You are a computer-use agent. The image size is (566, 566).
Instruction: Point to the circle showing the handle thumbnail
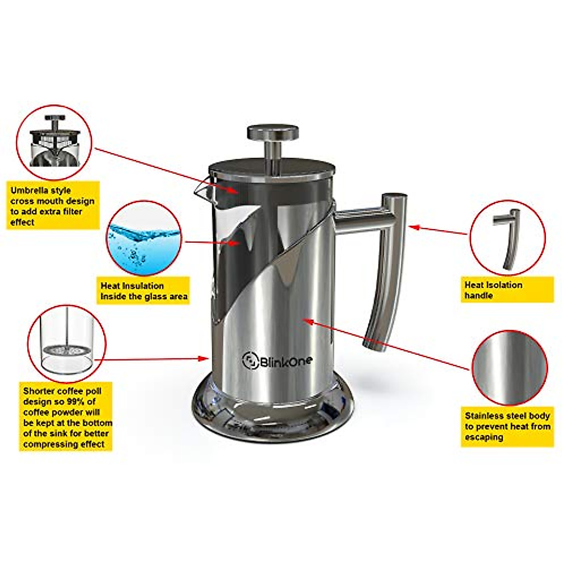(508, 238)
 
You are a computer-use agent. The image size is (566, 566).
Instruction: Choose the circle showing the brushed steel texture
(509, 368)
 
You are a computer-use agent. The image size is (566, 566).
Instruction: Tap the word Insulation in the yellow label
(140, 286)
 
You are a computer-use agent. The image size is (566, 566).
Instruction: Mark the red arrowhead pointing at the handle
(412, 227)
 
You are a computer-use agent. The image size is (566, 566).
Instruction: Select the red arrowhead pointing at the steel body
(307, 321)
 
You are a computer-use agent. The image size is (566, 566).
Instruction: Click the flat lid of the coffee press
(273, 166)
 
